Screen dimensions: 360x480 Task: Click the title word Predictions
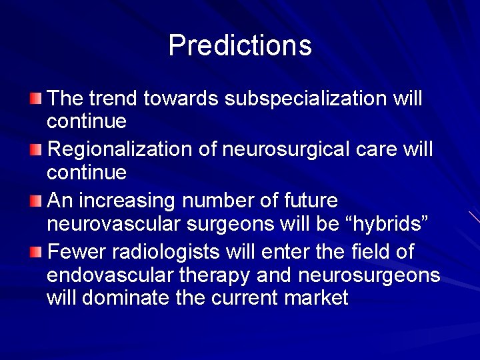[240, 45]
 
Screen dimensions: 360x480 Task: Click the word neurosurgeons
[370, 275]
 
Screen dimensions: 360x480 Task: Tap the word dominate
[126, 297]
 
